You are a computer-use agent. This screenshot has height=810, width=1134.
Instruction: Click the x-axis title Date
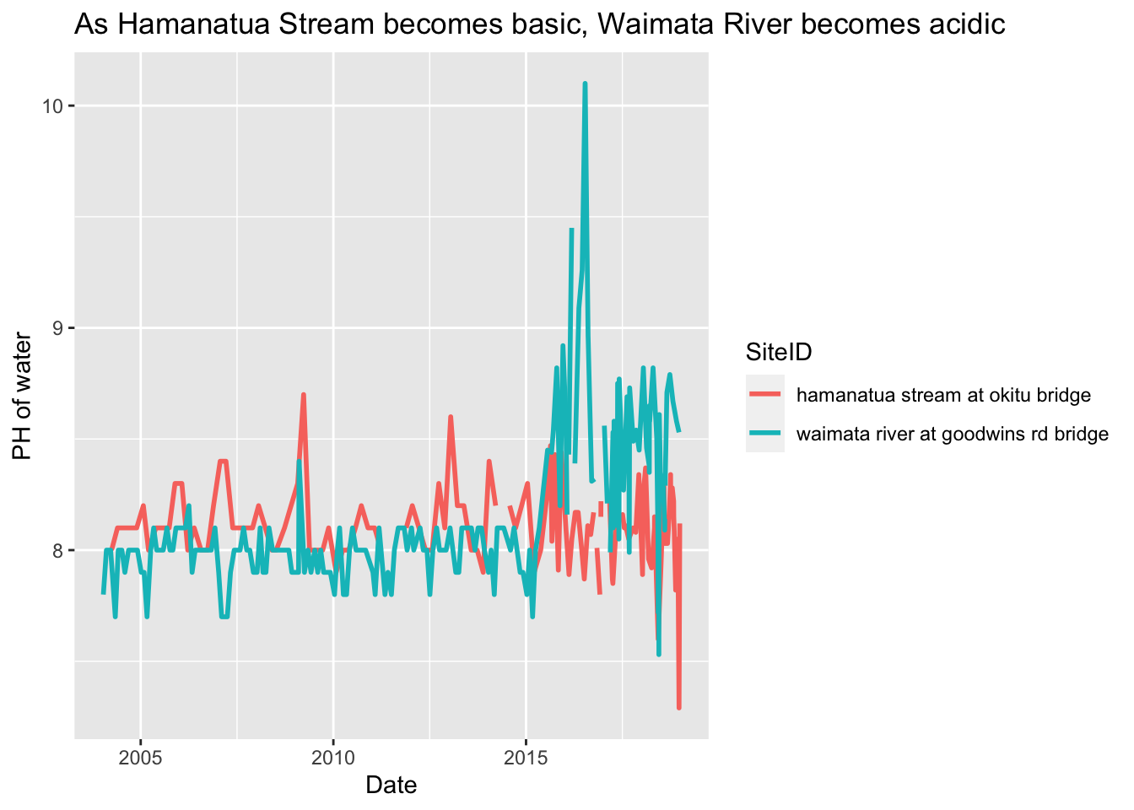[391, 785]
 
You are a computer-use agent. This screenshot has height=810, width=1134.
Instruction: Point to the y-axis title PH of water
[23, 397]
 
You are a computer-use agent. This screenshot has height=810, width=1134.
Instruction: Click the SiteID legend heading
[778, 352]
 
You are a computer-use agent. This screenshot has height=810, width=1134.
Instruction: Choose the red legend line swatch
[764, 394]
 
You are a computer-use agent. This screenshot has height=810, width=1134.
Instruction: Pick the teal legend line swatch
[764, 435]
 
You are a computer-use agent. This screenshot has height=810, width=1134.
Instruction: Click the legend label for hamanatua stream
[943, 395]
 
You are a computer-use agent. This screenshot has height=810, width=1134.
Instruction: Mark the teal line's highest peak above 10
[585, 84]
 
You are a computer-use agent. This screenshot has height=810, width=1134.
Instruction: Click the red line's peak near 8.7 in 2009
[303, 395]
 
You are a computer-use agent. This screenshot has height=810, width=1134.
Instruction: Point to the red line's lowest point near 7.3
[678, 707]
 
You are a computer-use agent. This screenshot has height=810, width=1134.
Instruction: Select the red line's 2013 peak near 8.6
[451, 417]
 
